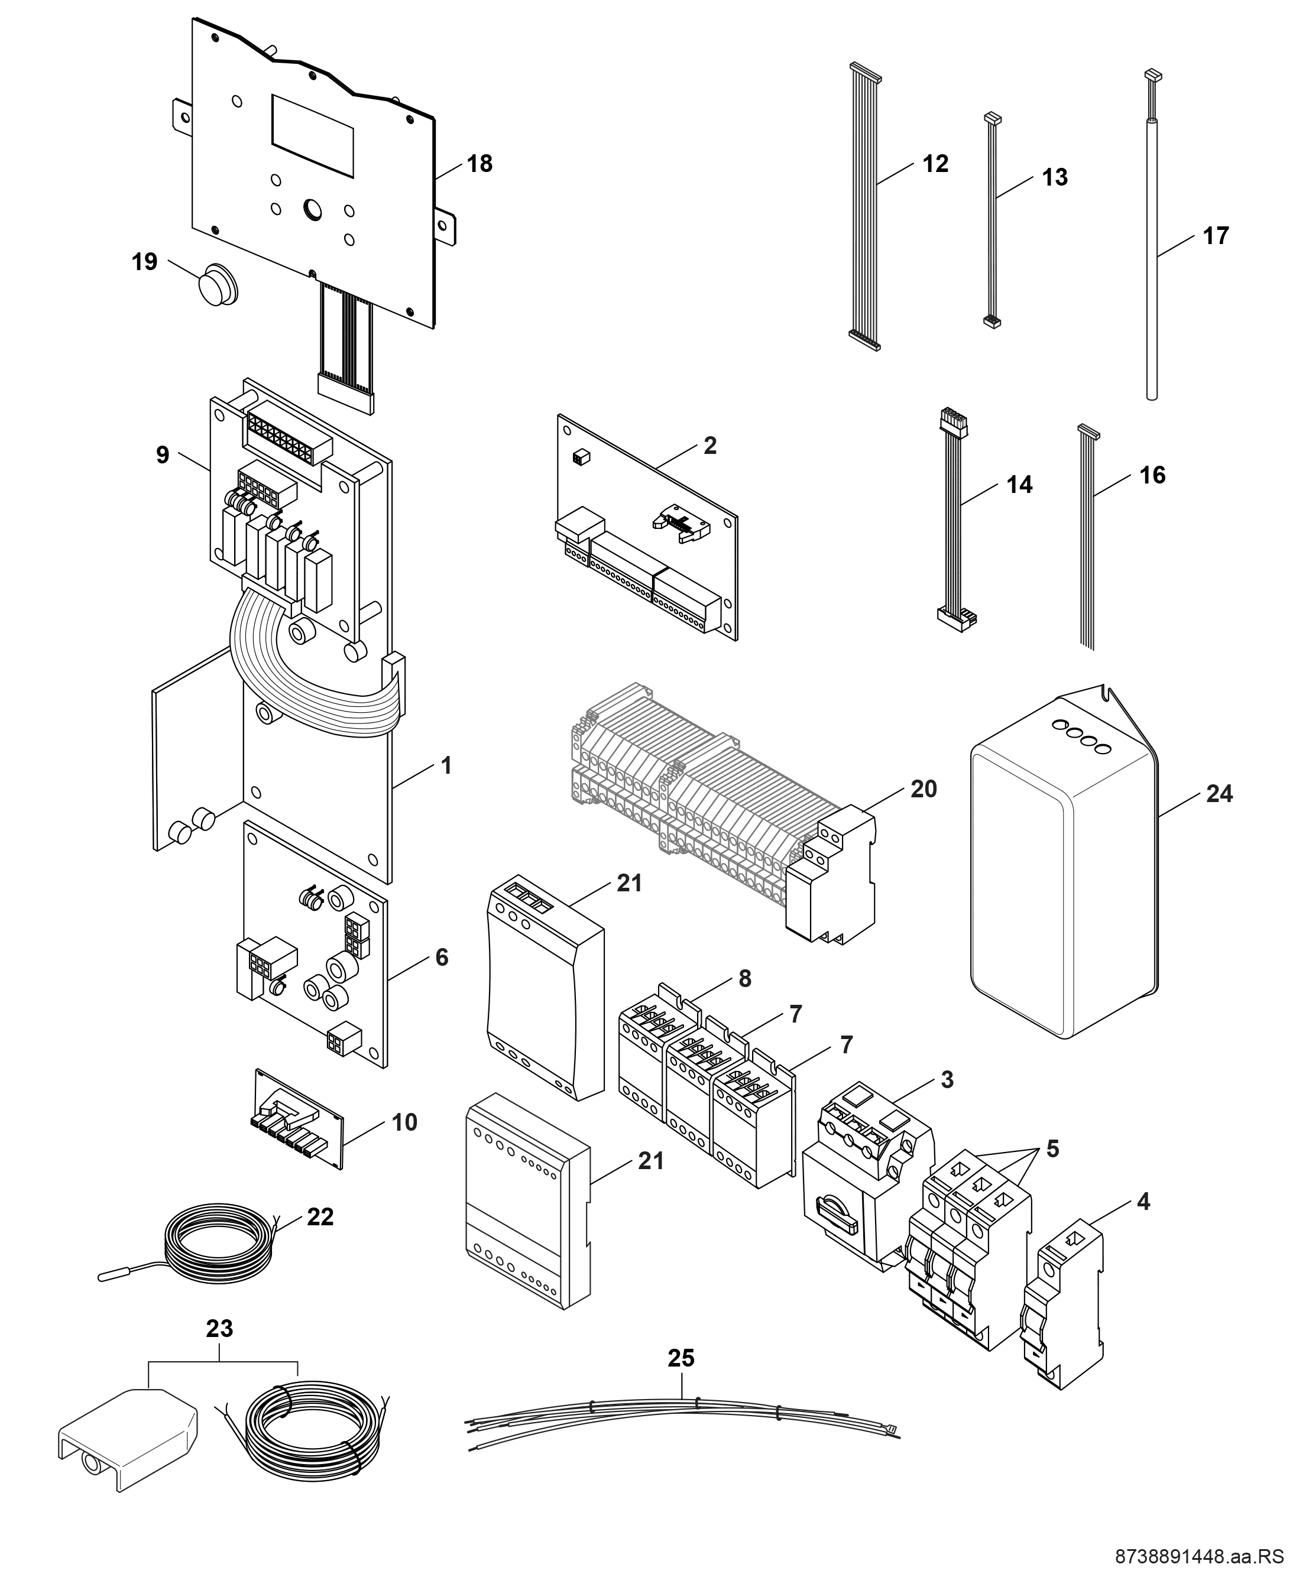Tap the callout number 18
[x=480, y=164]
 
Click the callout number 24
[x=1219, y=793]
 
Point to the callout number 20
[x=924, y=789]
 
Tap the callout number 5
[x=1052, y=1148]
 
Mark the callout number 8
[x=744, y=978]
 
